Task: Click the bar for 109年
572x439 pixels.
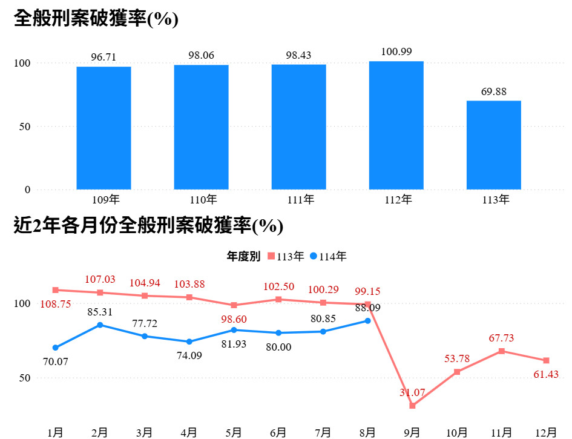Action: tap(104, 128)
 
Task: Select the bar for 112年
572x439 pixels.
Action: tap(396, 125)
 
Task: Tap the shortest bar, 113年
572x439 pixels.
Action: tap(494, 145)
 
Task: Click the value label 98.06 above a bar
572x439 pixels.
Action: tap(202, 56)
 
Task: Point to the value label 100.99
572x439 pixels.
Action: tap(396, 52)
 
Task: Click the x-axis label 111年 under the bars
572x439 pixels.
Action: tap(299, 199)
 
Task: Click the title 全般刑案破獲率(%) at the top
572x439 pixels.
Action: tap(96, 18)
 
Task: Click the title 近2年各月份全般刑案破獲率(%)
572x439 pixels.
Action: tap(148, 226)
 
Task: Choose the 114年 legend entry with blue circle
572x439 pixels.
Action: tap(329, 257)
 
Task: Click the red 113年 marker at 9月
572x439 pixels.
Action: tap(412, 406)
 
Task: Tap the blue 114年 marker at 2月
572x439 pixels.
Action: tap(100, 325)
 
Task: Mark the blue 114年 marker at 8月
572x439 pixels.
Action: tap(367, 320)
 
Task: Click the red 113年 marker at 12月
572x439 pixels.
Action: tap(546, 361)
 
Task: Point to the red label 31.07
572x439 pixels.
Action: tap(412, 392)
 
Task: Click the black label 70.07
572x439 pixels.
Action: tap(56, 361)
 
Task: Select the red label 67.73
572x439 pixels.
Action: tap(501, 338)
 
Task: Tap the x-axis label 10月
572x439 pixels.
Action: tap(456, 432)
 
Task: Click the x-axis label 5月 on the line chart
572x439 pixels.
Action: tap(234, 432)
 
